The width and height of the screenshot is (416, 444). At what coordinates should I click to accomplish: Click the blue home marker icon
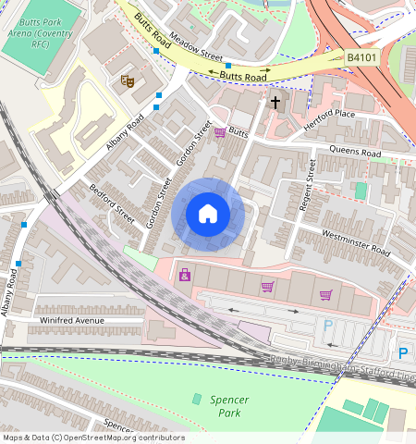coord(208,215)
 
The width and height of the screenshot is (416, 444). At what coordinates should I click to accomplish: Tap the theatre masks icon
coord(128,80)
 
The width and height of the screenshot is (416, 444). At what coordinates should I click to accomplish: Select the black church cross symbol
coord(275,102)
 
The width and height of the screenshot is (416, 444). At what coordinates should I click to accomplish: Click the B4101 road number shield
coord(362,57)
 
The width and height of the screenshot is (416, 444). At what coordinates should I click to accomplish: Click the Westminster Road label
coord(356,241)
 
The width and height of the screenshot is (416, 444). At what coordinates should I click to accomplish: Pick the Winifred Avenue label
coord(73,320)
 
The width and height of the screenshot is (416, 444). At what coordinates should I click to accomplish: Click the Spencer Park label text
coord(226,406)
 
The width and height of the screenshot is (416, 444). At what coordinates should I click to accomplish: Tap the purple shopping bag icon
coord(185,275)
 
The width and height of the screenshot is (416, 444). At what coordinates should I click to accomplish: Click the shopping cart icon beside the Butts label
coord(219,133)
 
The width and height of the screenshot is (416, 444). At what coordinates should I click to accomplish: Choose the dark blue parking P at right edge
coord(402,352)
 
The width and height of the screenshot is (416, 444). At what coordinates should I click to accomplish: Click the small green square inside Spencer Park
coord(196,398)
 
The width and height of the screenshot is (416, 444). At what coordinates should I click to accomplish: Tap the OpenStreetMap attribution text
coord(92,438)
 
